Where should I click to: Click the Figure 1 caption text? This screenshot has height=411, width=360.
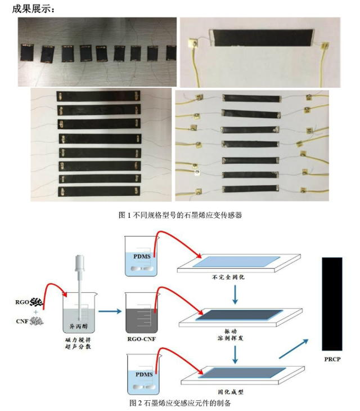(x=180, y=215)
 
